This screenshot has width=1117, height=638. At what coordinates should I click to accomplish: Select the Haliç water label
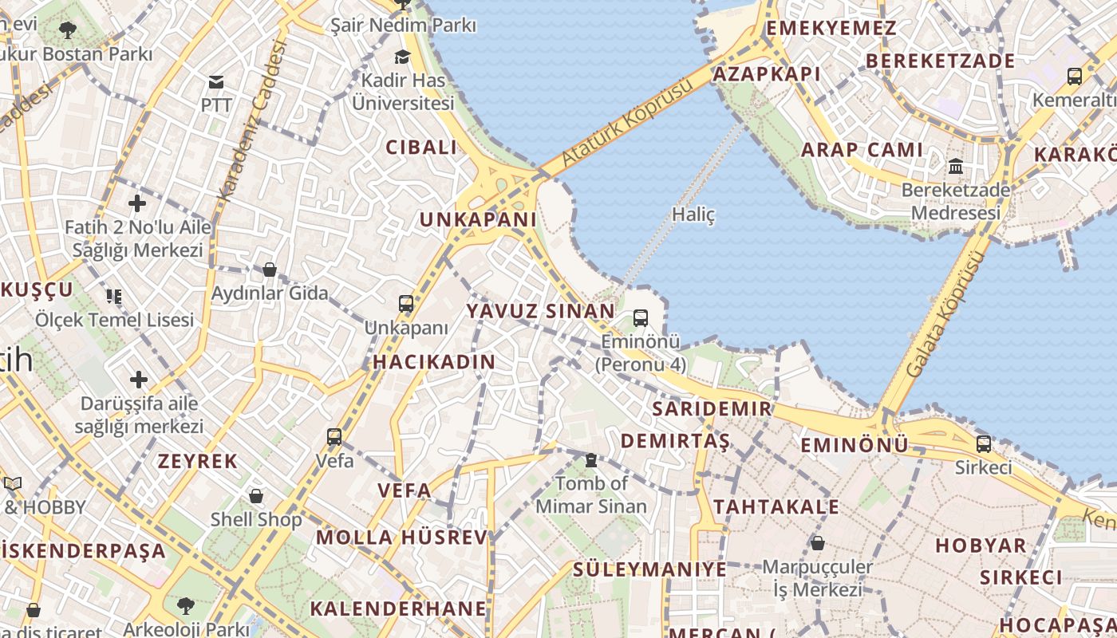pyautogui.click(x=693, y=215)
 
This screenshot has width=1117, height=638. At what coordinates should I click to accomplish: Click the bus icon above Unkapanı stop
pyautogui.click(x=406, y=304)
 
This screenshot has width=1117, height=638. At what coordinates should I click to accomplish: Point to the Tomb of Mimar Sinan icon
pyautogui.click(x=590, y=460)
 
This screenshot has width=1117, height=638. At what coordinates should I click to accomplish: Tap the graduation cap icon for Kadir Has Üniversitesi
pyautogui.click(x=402, y=57)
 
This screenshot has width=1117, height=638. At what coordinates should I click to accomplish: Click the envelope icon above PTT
pyautogui.click(x=215, y=82)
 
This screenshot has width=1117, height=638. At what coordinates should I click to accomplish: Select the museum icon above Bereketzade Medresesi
pyautogui.click(x=955, y=167)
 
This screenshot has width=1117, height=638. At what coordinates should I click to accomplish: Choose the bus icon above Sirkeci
pyautogui.click(x=984, y=444)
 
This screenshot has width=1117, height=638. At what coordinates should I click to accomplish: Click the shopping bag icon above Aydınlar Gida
pyautogui.click(x=270, y=270)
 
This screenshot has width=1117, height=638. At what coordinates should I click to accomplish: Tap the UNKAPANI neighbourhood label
pyautogui.click(x=478, y=219)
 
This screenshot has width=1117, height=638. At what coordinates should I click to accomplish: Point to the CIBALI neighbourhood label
pyautogui.click(x=421, y=148)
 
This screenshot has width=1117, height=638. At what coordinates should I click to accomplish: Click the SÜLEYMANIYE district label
pyautogui.click(x=649, y=569)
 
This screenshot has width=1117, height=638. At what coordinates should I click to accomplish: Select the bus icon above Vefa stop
pyautogui.click(x=334, y=437)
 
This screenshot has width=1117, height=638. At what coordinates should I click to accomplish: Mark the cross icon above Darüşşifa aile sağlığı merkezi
pyautogui.click(x=139, y=379)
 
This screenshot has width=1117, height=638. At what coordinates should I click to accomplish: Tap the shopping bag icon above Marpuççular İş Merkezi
pyautogui.click(x=817, y=544)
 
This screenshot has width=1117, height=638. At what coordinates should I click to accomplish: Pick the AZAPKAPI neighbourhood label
pyautogui.click(x=767, y=74)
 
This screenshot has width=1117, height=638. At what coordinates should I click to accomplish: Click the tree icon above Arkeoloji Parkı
pyautogui.click(x=186, y=605)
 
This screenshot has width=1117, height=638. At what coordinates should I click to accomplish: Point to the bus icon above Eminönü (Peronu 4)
pyautogui.click(x=640, y=319)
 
